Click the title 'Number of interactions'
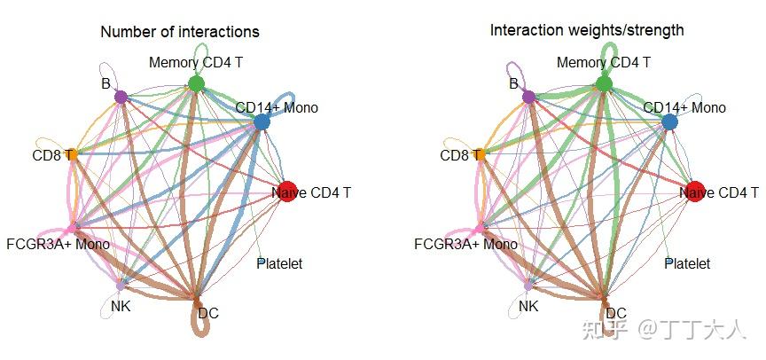pos(180,32)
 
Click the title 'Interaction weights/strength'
pos(587,30)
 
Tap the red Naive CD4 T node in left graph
pos(286,192)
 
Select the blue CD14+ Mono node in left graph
pos(262,122)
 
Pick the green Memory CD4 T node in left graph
pos(197,84)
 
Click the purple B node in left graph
pos(121,97)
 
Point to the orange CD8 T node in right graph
pos(481,155)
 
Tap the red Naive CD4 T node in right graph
pos(694,192)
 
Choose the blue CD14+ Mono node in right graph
pos(669,122)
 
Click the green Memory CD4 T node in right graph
pos(605,84)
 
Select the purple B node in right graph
pos(528,97)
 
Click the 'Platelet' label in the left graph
pos(279,263)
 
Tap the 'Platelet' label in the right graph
pos(687,263)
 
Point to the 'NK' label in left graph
pos(121,307)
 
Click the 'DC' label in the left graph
pos(208,313)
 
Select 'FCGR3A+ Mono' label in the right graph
pos(466,244)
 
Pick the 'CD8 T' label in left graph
pos(54,155)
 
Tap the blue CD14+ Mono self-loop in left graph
pos(280,106)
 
